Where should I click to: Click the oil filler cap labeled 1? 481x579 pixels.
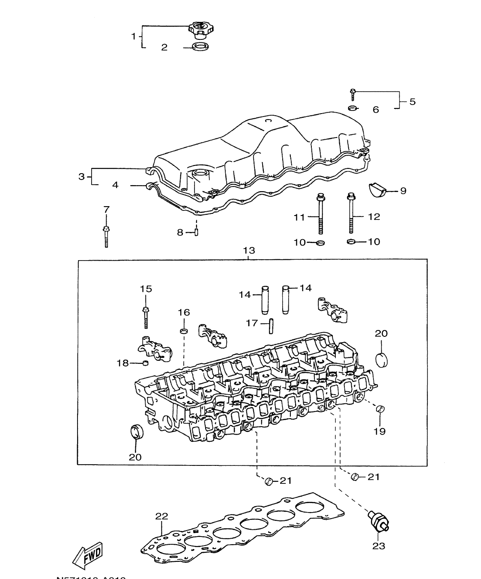(200, 30)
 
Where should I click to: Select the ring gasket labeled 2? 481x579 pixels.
(200, 46)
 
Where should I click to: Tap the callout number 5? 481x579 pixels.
(412, 102)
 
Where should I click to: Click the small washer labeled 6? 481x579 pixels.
(352, 108)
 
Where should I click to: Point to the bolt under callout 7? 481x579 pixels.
(106, 235)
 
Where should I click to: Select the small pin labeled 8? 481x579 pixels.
(197, 233)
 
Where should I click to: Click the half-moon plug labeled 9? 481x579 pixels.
(377, 190)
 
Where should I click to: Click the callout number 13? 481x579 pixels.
(249, 250)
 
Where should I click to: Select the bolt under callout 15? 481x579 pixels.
(146, 317)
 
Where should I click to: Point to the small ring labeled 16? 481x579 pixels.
(184, 331)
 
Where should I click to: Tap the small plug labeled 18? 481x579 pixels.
(145, 364)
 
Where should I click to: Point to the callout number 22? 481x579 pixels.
(161, 516)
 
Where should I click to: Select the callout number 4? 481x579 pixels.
(115, 185)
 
